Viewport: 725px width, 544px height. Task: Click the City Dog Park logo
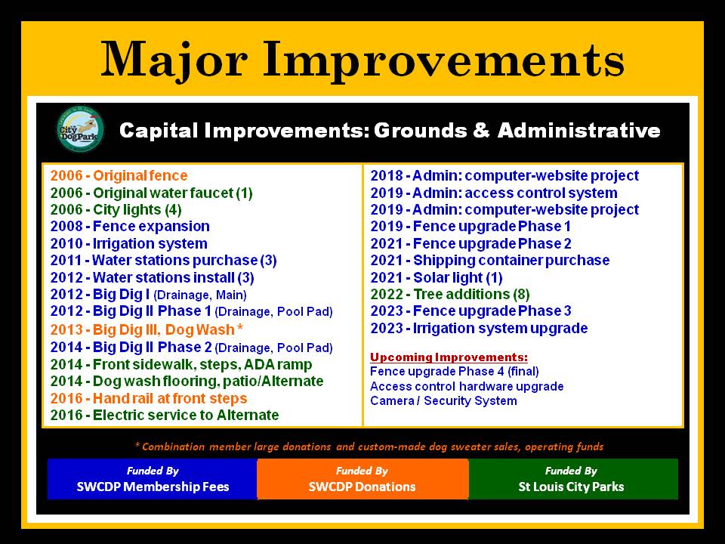[x=79, y=129]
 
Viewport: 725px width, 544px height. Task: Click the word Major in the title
[x=174, y=60]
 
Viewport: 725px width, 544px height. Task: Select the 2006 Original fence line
[x=119, y=176]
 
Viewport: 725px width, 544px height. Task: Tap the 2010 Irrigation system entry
[x=128, y=243]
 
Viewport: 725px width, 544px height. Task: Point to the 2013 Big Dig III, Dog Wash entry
[x=147, y=329]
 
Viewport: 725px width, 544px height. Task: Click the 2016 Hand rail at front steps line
[x=149, y=398]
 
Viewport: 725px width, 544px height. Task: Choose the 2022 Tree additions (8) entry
[x=450, y=294]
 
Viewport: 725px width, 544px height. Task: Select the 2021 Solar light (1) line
[x=436, y=277]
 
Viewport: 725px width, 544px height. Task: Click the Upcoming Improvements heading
[x=449, y=357]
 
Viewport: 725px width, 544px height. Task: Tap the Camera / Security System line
[x=443, y=400]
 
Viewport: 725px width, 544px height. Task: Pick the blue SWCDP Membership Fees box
[x=153, y=479]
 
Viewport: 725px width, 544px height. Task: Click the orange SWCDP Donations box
[x=362, y=479]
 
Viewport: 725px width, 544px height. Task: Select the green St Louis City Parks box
[x=573, y=479]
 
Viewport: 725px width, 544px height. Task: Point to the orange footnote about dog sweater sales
[x=369, y=447]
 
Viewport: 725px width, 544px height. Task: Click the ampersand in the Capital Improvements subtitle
[x=481, y=130]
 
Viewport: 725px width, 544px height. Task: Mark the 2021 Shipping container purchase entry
[x=489, y=261]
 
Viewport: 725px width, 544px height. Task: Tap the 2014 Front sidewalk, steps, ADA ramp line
[x=180, y=364]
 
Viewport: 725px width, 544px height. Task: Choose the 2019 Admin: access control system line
[x=494, y=193]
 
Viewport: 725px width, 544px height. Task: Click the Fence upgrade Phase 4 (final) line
[x=455, y=372]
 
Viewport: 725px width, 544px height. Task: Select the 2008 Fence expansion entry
[x=130, y=226]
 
